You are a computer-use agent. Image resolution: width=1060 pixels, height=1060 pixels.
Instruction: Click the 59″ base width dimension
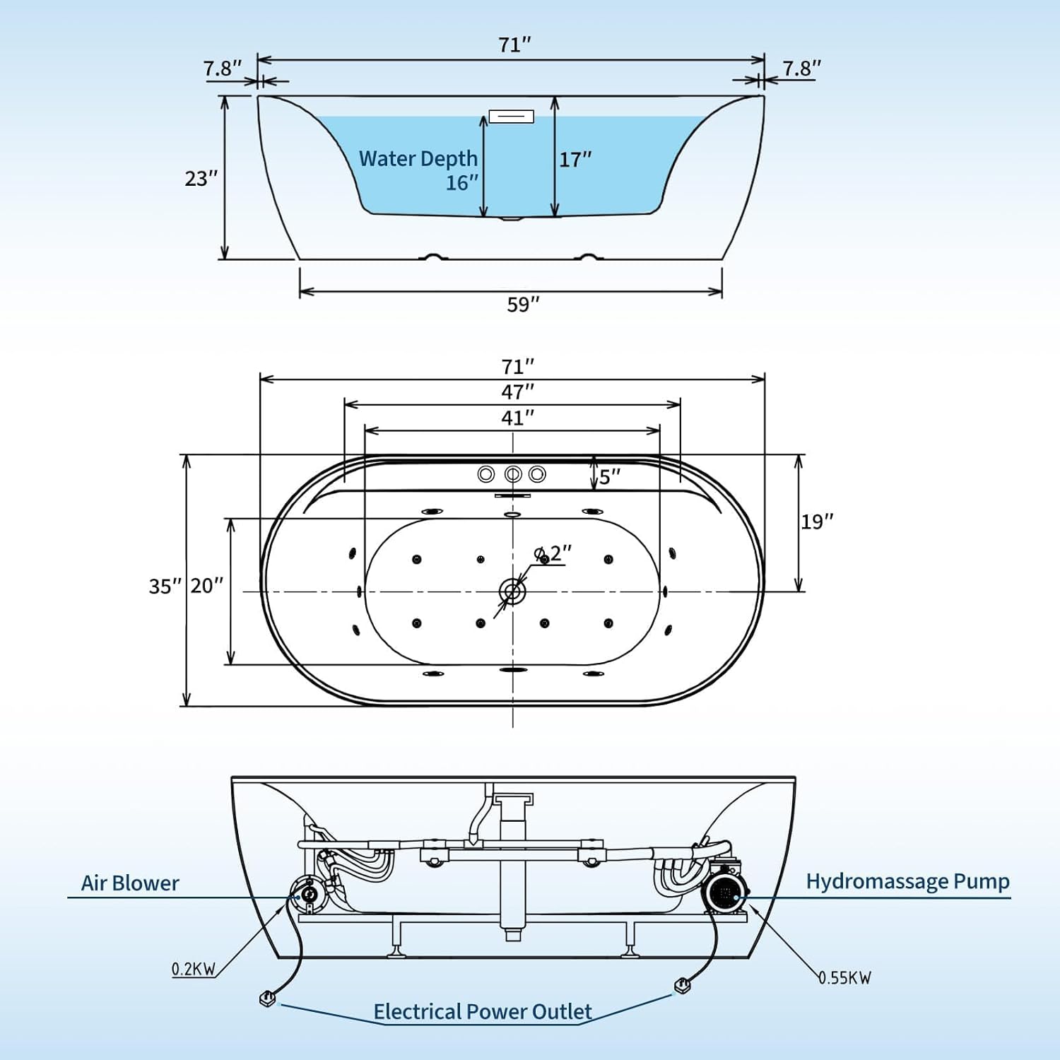pos(523,305)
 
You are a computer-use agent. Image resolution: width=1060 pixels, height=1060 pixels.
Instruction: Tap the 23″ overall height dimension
pos(201,179)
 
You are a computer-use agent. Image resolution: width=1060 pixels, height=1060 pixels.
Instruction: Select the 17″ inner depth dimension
pos(575,160)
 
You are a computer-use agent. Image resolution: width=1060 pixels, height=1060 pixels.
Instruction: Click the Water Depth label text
pos(418,159)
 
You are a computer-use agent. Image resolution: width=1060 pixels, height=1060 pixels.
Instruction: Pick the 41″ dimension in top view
pos(517,418)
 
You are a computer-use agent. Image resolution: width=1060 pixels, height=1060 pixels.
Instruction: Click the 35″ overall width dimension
pos(165,587)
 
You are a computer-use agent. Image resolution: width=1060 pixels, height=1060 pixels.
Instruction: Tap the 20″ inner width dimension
pos(206,586)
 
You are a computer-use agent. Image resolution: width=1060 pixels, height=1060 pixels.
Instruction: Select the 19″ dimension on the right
pos(817,522)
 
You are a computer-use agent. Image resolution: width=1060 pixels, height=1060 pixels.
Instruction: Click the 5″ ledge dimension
pos(609,476)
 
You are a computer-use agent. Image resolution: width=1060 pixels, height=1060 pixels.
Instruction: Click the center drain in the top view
pos(512,591)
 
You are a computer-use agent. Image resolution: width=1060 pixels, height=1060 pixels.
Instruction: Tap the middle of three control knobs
pos(512,474)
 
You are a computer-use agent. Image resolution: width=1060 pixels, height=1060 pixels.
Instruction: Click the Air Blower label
pos(130,883)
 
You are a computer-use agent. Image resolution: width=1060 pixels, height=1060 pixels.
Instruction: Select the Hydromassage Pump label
pos(907,881)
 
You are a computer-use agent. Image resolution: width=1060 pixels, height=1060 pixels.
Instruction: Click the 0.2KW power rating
pos(193,969)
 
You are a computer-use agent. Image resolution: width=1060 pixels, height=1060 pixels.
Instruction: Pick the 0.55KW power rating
pos(845,978)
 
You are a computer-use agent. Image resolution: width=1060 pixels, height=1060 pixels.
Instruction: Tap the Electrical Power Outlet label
pos(482,1012)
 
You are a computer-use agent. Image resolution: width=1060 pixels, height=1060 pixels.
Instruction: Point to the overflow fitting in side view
pos(511,116)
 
